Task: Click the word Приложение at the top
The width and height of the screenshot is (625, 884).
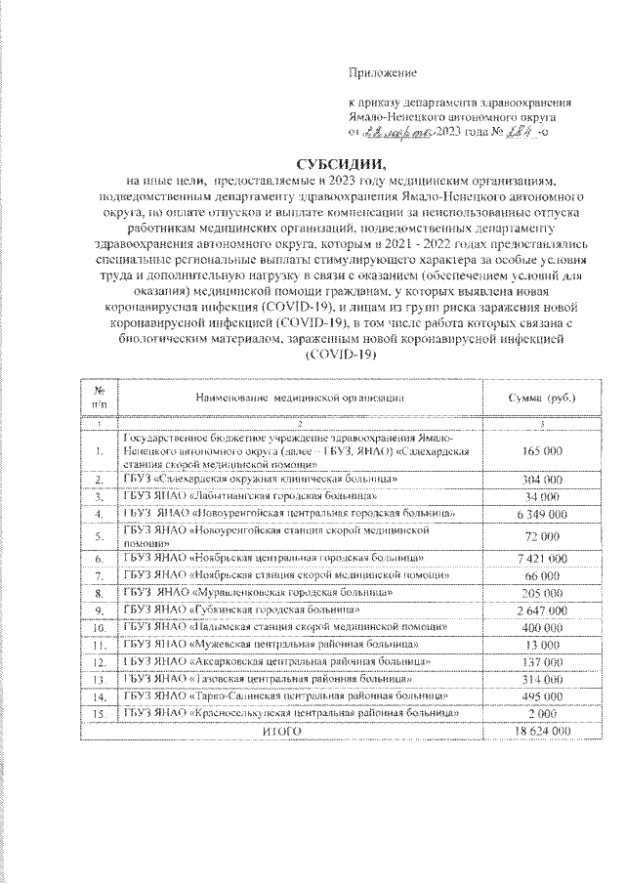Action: pos(383,72)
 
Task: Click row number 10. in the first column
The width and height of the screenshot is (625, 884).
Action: pos(100,628)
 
